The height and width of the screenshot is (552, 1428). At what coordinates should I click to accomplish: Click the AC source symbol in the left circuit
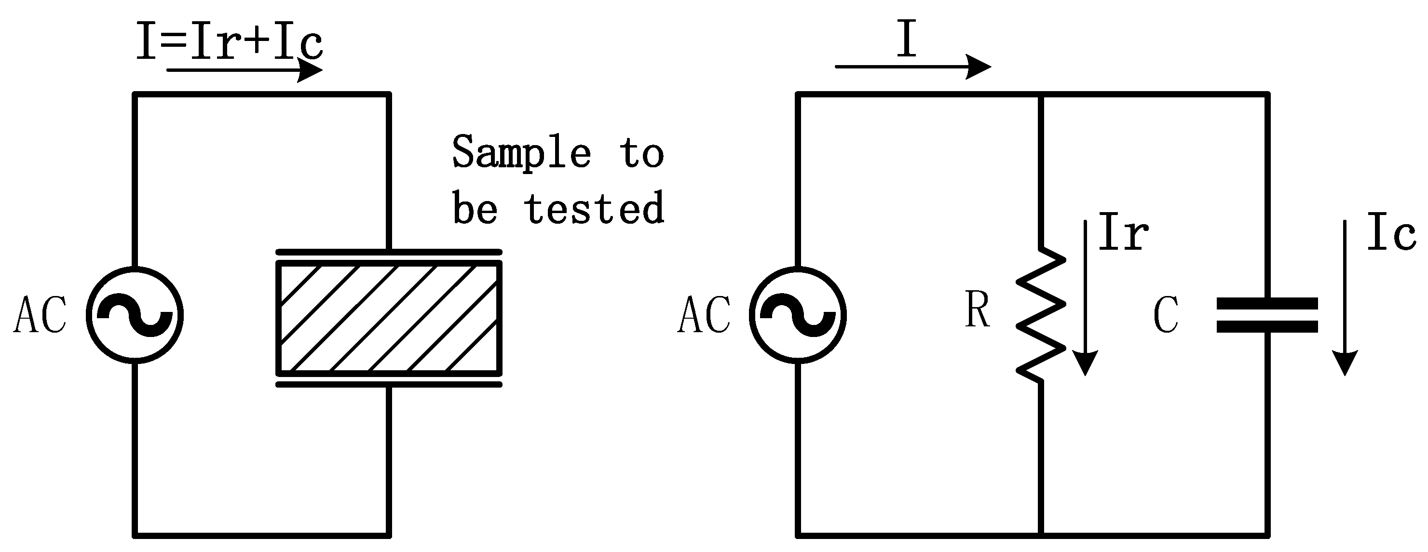135,315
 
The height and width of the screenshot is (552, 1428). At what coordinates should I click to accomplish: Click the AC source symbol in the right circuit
797,315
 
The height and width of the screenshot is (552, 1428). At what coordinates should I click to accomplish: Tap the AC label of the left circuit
40,315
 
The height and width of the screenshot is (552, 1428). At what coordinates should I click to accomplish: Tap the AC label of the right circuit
704,315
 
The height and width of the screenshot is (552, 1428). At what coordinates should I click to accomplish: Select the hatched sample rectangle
389,318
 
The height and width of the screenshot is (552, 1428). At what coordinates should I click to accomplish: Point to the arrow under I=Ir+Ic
244,70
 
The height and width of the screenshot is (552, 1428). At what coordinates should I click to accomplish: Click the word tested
594,208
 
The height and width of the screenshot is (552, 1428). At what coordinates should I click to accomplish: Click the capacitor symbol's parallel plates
1267,315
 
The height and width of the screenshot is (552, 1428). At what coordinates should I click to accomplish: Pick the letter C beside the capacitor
1166,315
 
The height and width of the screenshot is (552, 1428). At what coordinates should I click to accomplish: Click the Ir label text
1123,232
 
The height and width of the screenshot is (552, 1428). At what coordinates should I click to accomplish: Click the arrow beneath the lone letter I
912,67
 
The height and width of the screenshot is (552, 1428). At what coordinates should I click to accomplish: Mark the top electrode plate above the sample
389,252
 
